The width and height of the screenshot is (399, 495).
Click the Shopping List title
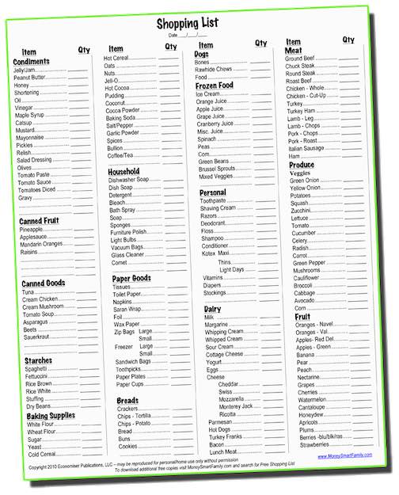[188, 23]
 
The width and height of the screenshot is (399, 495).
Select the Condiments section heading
[32, 62]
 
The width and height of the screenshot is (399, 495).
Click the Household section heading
[123, 171]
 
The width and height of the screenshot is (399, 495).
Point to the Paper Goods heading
[131, 278]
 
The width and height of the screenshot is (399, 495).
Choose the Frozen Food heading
[215, 85]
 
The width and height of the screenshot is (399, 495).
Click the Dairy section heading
[212, 308]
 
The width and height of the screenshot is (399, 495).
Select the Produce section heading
[301, 165]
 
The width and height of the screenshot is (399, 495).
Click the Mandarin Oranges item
[41, 243]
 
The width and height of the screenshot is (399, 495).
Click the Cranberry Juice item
[215, 124]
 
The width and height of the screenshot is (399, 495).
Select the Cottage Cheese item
[225, 354]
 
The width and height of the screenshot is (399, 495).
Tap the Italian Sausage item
[306, 148]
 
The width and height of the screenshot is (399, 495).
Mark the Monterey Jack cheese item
[236, 406]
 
